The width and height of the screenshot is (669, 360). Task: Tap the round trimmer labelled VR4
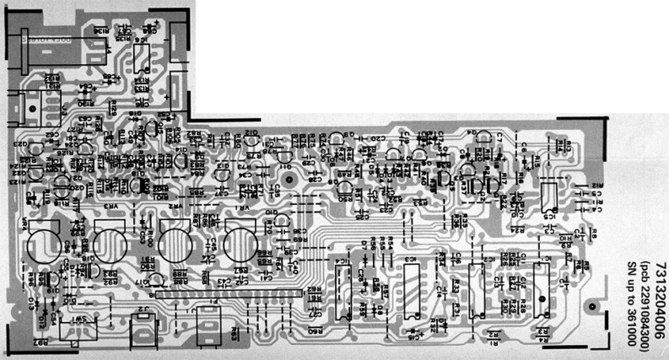pos(42,247)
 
